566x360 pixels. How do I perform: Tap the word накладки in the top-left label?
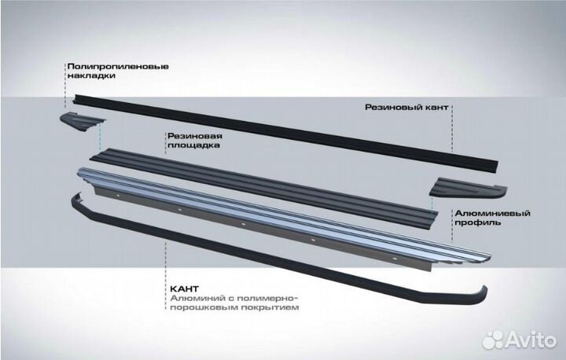[89, 78]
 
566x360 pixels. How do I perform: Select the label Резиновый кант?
[406, 105]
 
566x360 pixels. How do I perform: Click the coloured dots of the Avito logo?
[493, 339]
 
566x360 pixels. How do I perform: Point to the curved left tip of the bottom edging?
[75, 198]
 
